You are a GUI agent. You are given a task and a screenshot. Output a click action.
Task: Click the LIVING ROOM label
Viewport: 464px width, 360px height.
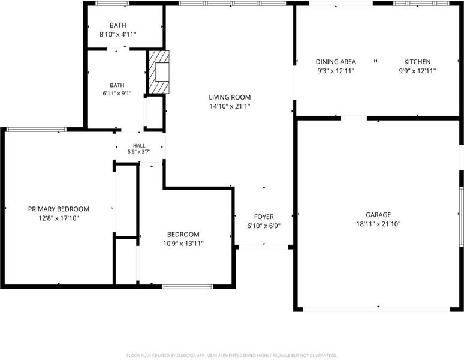pos(230,97)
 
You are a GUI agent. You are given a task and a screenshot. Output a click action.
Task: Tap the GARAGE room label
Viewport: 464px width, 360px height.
pos(378,215)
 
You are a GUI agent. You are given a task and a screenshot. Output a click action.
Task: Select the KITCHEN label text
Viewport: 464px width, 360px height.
pos(417,62)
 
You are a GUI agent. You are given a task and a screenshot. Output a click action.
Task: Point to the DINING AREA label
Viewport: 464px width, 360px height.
pos(336,62)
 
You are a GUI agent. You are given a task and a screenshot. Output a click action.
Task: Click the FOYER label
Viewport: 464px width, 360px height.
pos(264,217)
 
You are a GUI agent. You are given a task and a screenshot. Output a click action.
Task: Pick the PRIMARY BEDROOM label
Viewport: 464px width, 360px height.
pos(59,209)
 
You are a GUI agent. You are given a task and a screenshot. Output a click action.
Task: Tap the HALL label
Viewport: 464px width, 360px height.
pos(139,145)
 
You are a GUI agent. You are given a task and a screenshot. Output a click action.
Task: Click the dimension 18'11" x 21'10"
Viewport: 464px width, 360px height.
pos(378,224)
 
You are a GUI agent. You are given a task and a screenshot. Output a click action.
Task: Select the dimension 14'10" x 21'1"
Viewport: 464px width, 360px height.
pos(230,106)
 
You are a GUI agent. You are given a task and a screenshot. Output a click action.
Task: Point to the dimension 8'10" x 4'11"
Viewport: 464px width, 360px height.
pos(117,34)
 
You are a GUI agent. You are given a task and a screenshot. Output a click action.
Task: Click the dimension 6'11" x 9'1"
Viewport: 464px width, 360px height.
pos(117,93)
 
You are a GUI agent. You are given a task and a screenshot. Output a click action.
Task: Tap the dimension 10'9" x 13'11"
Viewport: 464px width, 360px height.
pos(183,244)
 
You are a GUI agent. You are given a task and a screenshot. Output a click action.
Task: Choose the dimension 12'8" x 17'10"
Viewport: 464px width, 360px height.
pos(59,218)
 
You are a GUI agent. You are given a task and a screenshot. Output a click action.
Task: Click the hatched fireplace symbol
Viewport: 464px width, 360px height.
pos(159,72)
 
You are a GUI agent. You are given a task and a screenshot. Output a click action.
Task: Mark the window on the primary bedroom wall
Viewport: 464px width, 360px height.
pos(37,130)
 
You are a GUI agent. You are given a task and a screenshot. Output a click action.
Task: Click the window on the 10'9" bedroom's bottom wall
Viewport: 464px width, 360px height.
pos(187,287)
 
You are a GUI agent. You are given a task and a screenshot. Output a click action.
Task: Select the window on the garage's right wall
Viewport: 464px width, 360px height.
pos(462,217)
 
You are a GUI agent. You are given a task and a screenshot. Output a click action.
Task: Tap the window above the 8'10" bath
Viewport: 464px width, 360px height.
pos(112,4)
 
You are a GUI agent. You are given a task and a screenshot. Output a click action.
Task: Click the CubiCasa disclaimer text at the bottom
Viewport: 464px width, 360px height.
pos(232,355)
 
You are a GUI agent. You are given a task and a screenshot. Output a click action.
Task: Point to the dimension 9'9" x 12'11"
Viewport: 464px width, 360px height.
pos(417,71)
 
